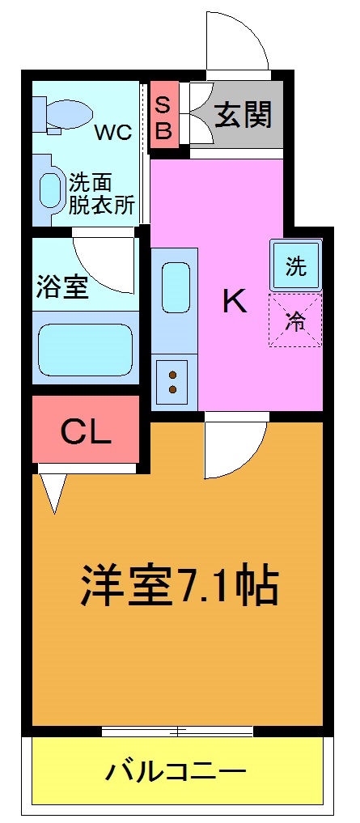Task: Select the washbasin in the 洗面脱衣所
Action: point(52,189)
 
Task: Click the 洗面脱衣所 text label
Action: point(101,193)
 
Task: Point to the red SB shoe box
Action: point(163,117)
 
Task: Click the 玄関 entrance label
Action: point(243,115)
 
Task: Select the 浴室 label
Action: point(61,286)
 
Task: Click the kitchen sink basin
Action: point(176,286)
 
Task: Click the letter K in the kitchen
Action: point(234,303)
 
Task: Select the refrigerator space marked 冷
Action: point(295,320)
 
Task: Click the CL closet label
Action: point(86,433)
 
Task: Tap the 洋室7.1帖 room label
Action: point(179,585)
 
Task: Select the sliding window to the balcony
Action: point(177,731)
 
